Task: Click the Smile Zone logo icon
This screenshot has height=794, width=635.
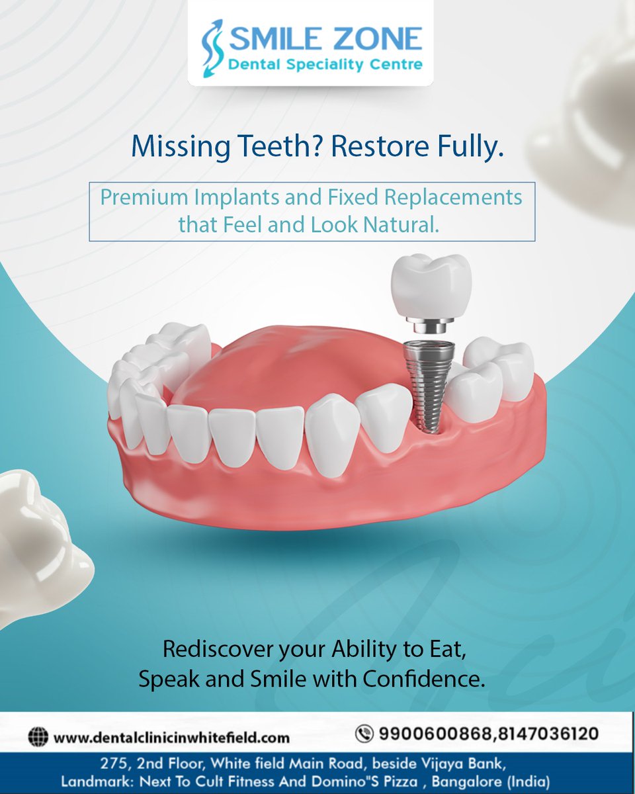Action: [x=213, y=48]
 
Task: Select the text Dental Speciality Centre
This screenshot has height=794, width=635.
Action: [x=325, y=66]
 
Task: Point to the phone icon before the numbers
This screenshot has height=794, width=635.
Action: [x=364, y=734]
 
